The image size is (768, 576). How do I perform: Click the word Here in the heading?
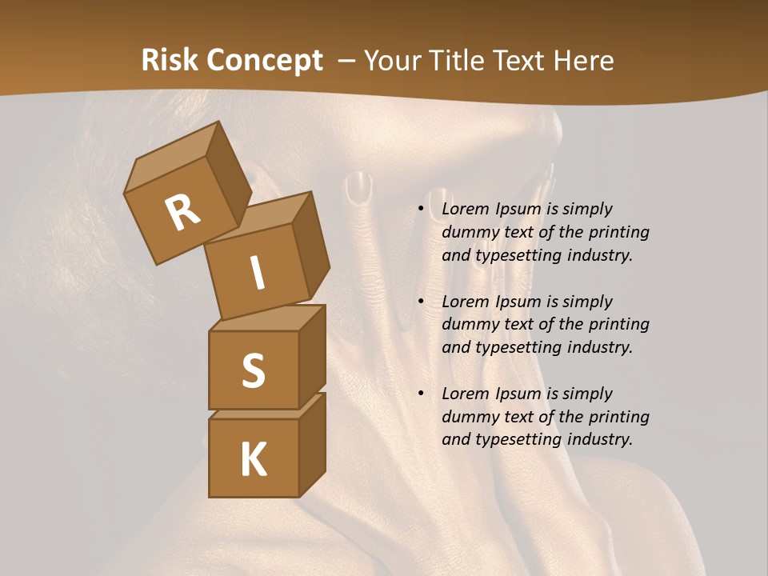[x=586, y=61]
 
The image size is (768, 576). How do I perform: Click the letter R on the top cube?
[x=182, y=212]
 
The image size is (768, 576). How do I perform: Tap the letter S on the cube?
[x=253, y=370]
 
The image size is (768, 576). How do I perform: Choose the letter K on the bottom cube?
[x=253, y=459]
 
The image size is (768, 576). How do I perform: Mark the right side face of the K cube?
[x=312, y=444]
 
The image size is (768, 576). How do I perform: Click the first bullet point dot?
[x=421, y=210]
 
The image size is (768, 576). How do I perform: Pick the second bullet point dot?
[x=421, y=302]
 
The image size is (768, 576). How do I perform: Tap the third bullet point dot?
[x=421, y=394]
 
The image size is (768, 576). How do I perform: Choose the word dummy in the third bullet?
[x=468, y=417]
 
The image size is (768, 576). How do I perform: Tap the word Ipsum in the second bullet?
[x=518, y=302]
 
